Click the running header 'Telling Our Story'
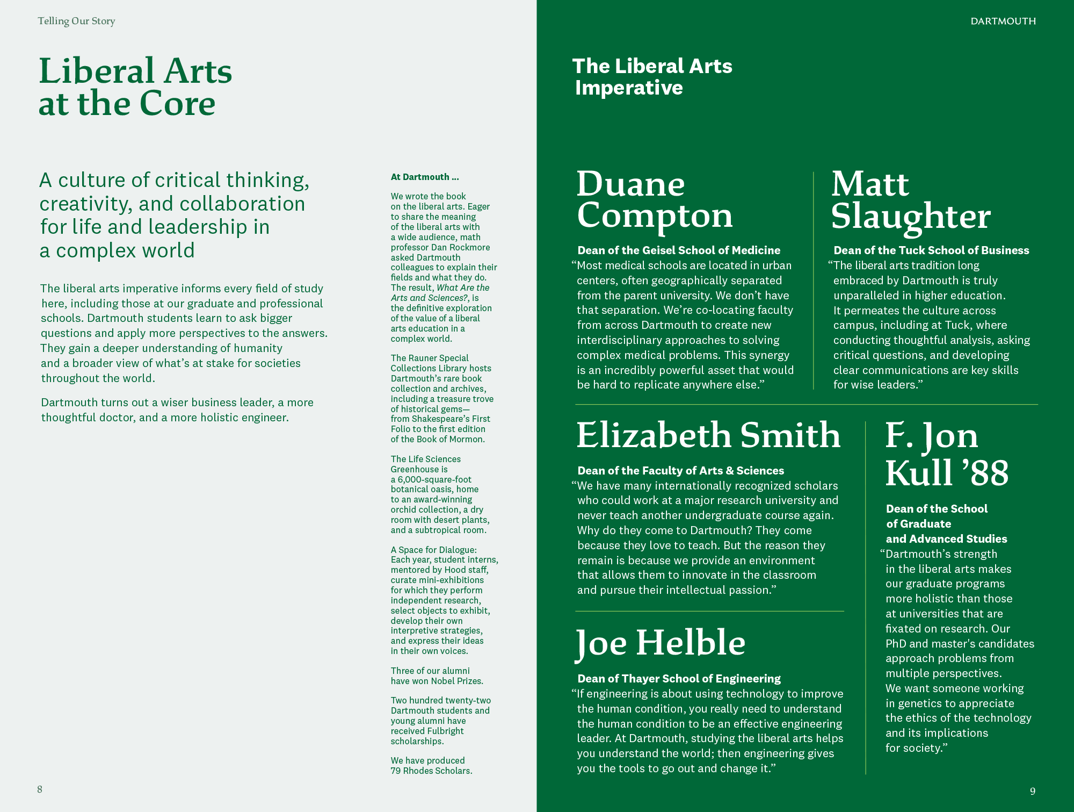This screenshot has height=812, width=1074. [76, 21]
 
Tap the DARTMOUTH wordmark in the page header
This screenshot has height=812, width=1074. [1003, 21]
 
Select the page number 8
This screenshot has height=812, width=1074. [40, 789]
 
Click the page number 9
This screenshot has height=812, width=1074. [1032, 791]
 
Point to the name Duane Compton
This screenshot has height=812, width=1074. [654, 200]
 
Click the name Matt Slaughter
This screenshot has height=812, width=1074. [910, 200]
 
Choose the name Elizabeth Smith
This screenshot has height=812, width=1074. [708, 435]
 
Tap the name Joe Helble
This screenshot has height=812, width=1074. [661, 643]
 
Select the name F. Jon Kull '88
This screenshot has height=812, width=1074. [946, 454]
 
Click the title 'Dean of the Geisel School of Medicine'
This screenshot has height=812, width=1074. [679, 250]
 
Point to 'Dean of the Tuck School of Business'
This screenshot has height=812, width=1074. [931, 250]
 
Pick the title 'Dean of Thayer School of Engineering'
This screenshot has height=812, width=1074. [679, 679]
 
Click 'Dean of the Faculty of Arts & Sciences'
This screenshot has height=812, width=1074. [680, 471]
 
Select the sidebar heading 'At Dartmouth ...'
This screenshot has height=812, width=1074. [425, 177]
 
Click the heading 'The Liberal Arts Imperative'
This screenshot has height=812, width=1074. [652, 77]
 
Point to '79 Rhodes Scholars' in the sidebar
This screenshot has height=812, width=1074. [431, 771]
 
